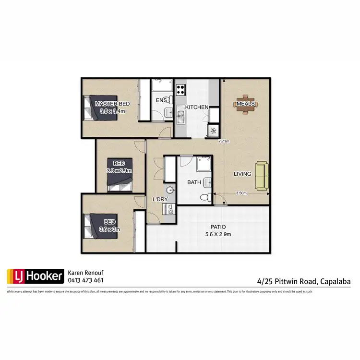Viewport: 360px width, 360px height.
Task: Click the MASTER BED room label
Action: [x=112, y=104]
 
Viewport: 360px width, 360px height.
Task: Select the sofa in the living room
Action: [x=261, y=175]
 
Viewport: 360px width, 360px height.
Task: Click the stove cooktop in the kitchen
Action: [x=181, y=89]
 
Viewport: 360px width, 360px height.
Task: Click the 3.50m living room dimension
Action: [x=241, y=193]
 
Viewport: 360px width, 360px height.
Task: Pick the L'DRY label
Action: [x=159, y=199]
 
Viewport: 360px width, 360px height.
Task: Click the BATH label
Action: [x=194, y=182]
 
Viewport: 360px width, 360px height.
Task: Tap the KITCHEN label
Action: [x=197, y=107]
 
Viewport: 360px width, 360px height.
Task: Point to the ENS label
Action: [x=161, y=100]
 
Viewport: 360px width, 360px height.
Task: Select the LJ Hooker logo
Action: [x=35, y=276]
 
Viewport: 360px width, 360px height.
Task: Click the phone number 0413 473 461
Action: [x=86, y=280]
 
